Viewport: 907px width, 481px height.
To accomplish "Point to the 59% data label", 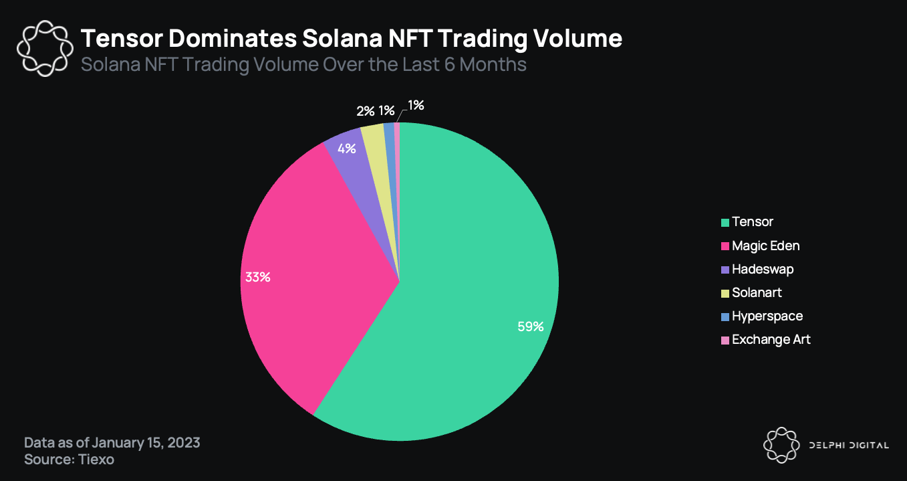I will [x=531, y=327].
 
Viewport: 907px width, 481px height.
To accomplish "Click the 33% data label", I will [x=257, y=277].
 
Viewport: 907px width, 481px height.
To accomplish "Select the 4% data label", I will [x=346, y=149].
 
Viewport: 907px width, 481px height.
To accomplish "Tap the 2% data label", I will [x=366, y=111].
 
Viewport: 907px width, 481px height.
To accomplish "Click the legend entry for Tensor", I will [x=752, y=221].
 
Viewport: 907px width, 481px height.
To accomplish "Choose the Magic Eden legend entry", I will [x=765, y=246].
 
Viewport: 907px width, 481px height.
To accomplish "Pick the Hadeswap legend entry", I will [x=763, y=269].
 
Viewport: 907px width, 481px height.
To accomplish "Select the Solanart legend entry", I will [x=757, y=292].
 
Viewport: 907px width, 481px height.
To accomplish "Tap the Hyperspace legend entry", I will [x=767, y=316].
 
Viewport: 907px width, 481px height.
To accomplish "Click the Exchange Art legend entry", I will [x=771, y=339].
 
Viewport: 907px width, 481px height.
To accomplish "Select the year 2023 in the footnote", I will [x=184, y=443].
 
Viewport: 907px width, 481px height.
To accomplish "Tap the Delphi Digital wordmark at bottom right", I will [x=849, y=446].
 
